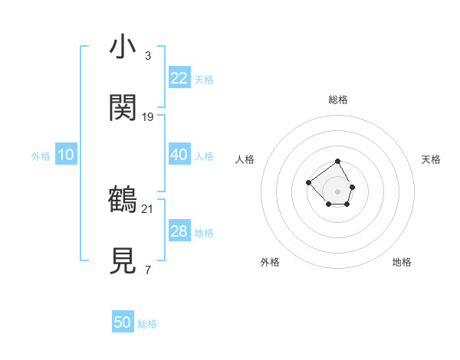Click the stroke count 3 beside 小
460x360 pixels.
[x=148, y=55]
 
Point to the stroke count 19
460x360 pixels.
[x=148, y=116]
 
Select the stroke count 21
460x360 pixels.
[x=148, y=208]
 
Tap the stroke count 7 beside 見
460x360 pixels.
[x=148, y=270]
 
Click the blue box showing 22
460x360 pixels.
[x=179, y=78]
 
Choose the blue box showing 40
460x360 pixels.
[x=179, y=155]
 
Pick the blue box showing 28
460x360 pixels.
[x=179, y=231]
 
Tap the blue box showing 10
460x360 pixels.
[x=66, y=155]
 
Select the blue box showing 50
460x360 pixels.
[x=123, y=322]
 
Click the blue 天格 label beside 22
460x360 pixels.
[x=204, y=80]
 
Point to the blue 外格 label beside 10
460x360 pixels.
[x=41, y=156]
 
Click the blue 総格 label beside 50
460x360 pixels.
[x=147, y=324]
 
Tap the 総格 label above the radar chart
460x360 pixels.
[x=338, y=100]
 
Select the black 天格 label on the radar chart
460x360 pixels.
[x=431, y=159]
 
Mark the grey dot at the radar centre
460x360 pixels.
[x=338, y=191]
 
